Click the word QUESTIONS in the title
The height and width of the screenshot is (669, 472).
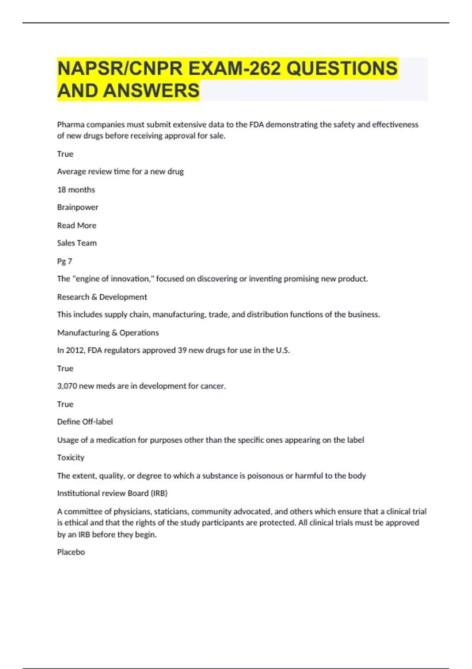[342, 68]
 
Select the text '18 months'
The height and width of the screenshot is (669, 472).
[76, 190]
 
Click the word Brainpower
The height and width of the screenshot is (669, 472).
[77, 207]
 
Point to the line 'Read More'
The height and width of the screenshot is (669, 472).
[77, 225]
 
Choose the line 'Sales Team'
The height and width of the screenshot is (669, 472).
[77, 243]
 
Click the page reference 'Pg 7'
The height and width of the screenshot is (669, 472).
[65, 261]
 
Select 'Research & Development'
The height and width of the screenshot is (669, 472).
[102, 297]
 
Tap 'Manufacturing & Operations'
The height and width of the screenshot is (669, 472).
[108, 333]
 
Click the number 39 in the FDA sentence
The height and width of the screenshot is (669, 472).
[182, 350]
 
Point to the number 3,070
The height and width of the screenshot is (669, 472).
[67, 386]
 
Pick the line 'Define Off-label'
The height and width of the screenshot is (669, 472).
[85, 422]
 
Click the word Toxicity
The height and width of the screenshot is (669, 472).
[71, 458]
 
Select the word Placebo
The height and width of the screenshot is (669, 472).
[71, 552]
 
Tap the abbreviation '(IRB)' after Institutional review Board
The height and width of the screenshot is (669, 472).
[159, 493]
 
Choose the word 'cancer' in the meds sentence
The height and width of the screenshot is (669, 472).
[213, 386]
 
